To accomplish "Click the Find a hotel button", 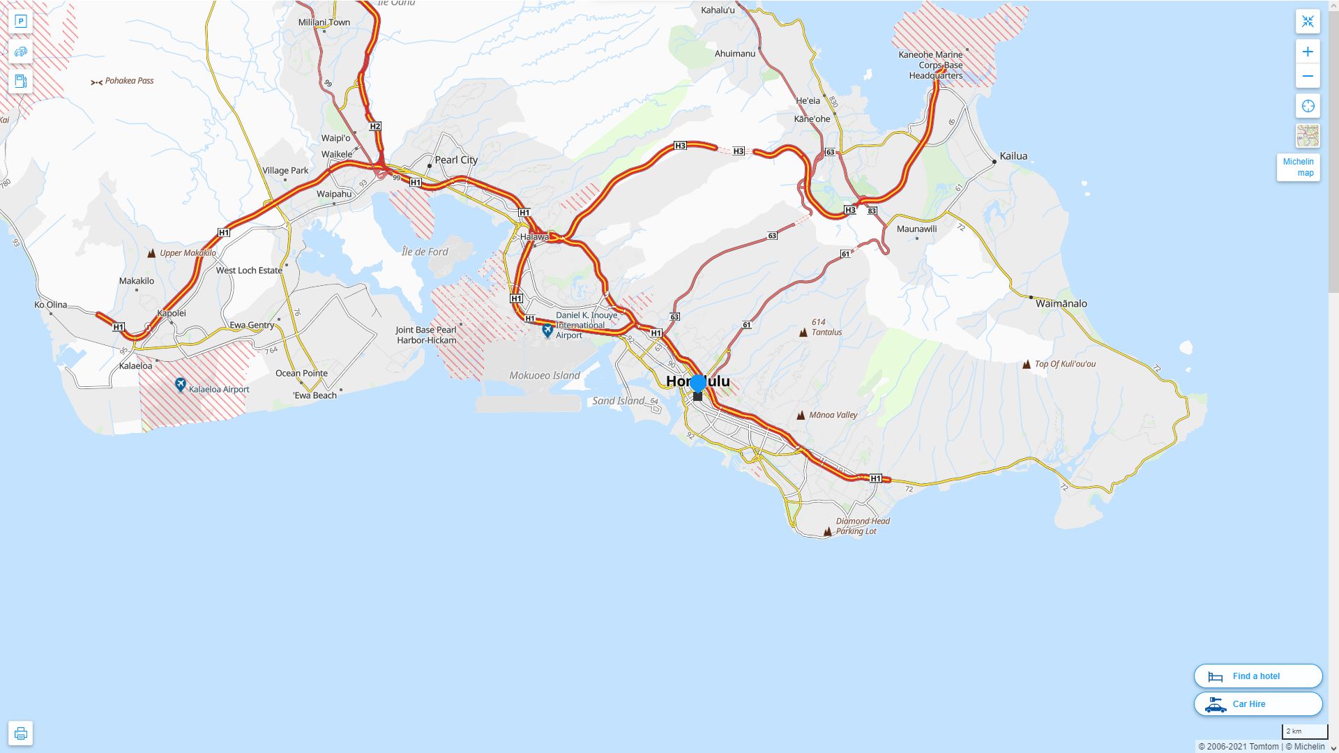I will point(1257,676).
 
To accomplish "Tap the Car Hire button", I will point(1257,703).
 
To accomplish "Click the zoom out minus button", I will point(1308,76).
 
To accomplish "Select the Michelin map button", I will point(1298,167).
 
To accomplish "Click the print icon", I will point(20,733).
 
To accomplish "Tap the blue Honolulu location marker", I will point(697,383).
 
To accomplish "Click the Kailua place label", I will point(1013,156).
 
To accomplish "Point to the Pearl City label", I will point(456,160).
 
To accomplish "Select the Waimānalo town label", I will point(1061,303).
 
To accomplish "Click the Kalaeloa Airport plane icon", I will point(180,385).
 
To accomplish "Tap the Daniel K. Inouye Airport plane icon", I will point(547,330).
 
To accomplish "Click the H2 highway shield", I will point(375,126).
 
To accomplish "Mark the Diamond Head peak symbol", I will point(827,532).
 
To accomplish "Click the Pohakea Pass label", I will point(129,81).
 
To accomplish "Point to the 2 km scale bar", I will point(1304,731).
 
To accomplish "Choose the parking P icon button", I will point(20,21).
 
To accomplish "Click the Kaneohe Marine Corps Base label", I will point(935,65).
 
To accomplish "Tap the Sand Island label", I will point(618,401).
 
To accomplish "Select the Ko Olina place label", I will point(51,305).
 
